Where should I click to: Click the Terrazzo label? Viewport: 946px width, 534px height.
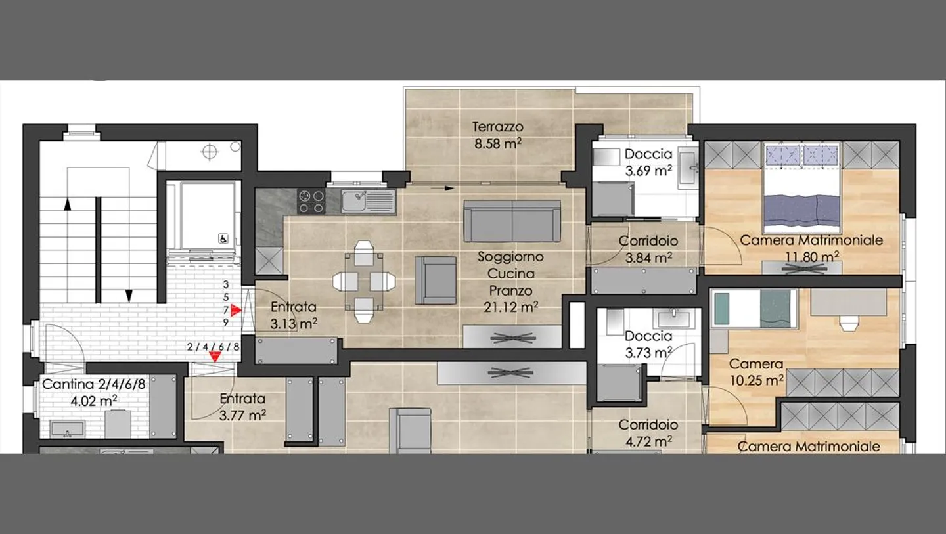pyautogui.click(x=497, y=127)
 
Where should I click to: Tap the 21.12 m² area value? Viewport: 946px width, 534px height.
pyautogui.click(x=510, y=307)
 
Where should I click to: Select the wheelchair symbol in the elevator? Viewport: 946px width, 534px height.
pyautogui.click(x=223, y=239)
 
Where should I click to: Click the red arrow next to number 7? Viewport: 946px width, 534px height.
pyautogui.click(x=236, y=310)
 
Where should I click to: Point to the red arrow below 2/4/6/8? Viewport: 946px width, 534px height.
pyautogui.click(x=215, y=357)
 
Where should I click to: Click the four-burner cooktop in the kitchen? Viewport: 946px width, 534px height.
pyautogui.click(x=311, y=202)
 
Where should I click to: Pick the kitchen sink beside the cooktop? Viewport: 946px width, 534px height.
pyautogui.click(x=369, y=201)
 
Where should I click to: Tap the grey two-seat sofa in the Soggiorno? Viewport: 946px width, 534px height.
pyautogui.click(x=512, y=221)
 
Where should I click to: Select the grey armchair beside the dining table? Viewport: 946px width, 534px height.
pyautogui.click(x=436, y=280)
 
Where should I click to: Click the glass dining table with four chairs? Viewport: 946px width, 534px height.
pyautogui.click(x=364, y=282)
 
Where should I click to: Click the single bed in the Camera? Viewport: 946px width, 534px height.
pyautogui.click(x=754, y=309)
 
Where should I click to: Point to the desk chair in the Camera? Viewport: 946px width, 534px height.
pyautogui.click(x=849, y=323)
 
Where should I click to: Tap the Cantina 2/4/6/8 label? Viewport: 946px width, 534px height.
pyautogui.click(x=93, y=384)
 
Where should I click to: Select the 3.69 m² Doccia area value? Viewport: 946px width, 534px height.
pyautogui.click(x=648, y=171)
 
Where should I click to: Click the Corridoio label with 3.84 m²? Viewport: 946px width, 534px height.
pyautogui.click(x=648, y=241)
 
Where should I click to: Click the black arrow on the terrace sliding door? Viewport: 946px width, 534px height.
pyautogui.click(x=442, y=189)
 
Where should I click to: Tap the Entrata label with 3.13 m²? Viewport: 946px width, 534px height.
pyautogui.click(x=293, y=307)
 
